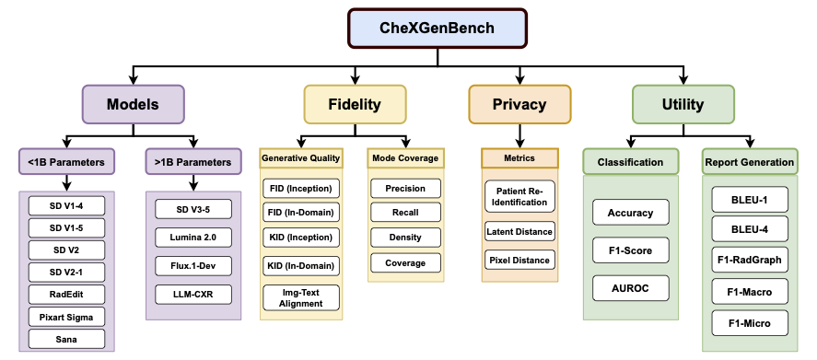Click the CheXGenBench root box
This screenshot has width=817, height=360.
click(411, 28)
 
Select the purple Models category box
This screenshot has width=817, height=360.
click(133, 104)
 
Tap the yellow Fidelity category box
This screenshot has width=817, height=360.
click(355, 104)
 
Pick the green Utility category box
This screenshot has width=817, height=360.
click(682, 104)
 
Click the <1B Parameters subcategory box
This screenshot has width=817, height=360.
click(65, 163)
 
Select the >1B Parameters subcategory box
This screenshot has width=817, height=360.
click(188, 163)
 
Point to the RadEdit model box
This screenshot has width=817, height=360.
click(65, 295)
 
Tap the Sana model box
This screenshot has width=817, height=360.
click(65, 339)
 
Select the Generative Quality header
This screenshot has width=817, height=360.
click(301, 158)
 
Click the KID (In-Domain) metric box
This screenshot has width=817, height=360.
click(300, 265)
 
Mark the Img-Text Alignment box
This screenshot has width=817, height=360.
click(300, 297)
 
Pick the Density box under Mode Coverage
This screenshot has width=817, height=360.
click(404, 238)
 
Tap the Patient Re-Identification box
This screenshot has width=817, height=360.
click(519, 195)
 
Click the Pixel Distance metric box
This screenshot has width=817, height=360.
click(519, 260)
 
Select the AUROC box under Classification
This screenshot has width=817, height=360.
click(630, 288)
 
